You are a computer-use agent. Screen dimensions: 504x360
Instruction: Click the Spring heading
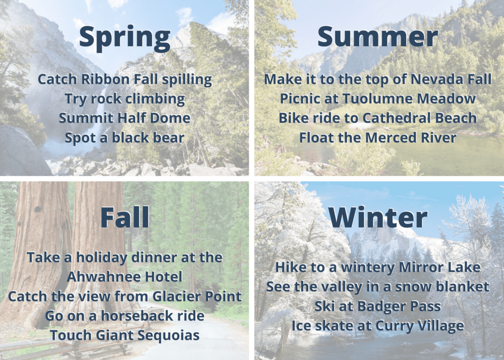point(125,38)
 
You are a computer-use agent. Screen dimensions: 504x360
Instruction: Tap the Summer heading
point(378,36)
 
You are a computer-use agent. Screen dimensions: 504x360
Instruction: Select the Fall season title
point(125,217)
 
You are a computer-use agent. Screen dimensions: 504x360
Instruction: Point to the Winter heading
point(378,218)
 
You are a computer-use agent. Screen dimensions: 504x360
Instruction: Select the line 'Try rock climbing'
point(125,99)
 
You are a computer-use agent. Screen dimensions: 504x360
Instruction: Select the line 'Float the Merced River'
point(378,137)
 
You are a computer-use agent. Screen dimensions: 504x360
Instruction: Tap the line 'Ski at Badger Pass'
point(378,306)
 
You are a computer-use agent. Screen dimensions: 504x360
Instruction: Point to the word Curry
point(394,326)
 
